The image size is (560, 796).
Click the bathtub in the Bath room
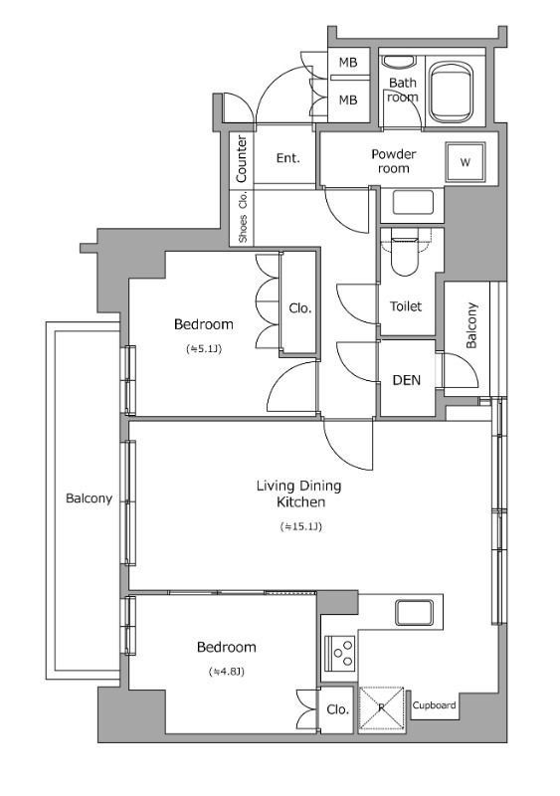click(451, 92)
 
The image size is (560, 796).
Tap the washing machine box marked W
click(466, 162)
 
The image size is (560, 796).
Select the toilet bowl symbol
click(405, 253)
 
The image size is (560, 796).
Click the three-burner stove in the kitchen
click(339, 652)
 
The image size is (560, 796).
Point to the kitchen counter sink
click(415, 612)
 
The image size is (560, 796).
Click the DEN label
click(407, 380)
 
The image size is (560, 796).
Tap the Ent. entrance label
click(287, 158)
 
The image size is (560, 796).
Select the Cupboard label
click(434, 705)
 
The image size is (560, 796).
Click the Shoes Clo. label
click(243, 217)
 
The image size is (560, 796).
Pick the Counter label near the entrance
click(242, 158)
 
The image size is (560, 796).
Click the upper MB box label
click(348, 63)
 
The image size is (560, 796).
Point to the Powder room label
click(394, 161)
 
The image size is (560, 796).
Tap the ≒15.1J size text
click(300, 526)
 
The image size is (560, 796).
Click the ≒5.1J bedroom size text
click(204, 349)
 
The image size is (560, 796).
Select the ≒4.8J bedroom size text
click(227, 672)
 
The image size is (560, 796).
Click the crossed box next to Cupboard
click(382, 708)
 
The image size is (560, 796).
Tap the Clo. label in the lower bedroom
click(337, 709)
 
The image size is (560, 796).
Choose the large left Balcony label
click(89, 498)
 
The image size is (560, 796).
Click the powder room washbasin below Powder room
click(413, 202)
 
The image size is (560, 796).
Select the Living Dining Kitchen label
click(298, 494)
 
